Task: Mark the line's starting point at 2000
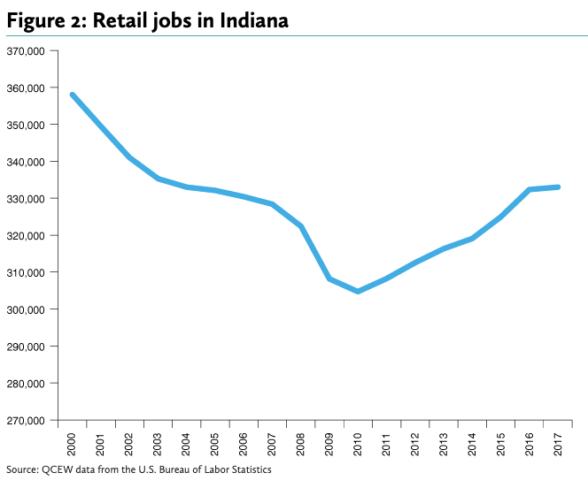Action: [x=72, y=95]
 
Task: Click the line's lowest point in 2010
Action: [x=358, y=291]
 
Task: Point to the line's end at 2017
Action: [x=558, y=187]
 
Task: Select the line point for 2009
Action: [x=329, y=278]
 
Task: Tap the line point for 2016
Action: [x=530, y=189]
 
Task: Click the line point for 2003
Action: [x=158, y=179]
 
